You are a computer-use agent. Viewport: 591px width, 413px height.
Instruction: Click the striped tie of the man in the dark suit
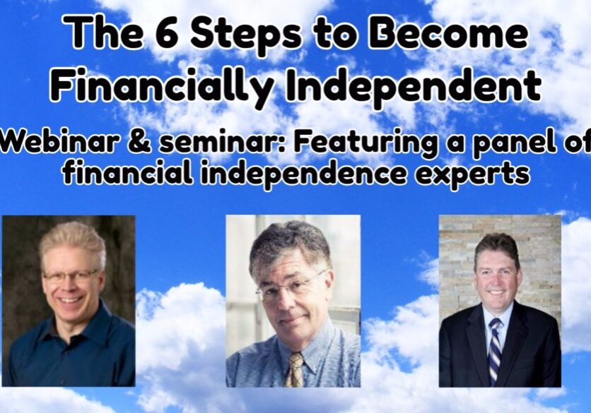tap(495, 350)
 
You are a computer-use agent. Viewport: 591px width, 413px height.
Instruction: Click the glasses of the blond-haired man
tap(70, 277)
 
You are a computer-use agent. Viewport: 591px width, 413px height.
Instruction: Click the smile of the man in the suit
tap(496, 292)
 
